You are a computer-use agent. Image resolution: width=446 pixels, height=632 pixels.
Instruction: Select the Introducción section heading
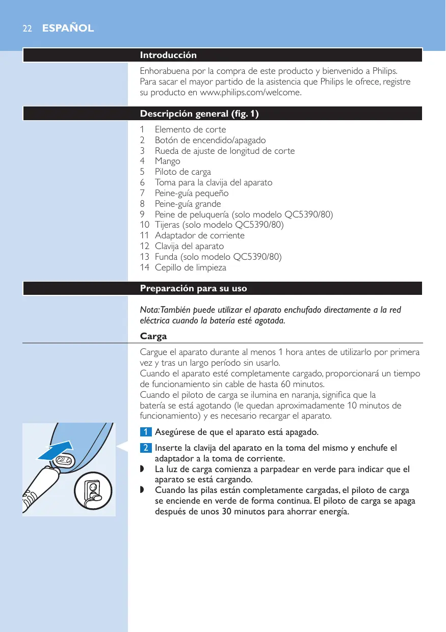click(168, 55)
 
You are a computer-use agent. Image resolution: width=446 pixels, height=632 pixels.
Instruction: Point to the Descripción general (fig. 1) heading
click(199, 114)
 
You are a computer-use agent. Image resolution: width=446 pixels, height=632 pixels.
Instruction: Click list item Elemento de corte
click(190, 129)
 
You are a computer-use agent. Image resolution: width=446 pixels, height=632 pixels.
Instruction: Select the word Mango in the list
click(167, 161)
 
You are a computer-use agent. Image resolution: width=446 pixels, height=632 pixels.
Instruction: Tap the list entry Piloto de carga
click(182, 172)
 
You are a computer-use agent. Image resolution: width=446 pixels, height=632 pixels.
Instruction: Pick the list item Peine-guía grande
click(188, 204)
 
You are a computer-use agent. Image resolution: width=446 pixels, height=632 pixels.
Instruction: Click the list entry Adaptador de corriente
click(199, 235)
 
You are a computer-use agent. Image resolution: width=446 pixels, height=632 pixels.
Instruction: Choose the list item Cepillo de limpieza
click(190, 267)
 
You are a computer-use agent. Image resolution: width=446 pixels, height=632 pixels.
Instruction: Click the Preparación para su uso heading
click(193, 289)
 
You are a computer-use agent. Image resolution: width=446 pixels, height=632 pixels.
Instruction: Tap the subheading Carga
click(153, 337)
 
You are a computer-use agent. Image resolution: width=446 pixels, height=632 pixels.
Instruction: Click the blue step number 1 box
click(146, 432)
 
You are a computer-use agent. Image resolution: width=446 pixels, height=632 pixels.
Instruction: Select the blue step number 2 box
click(146, 448)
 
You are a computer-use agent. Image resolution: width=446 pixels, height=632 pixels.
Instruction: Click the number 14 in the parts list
click(144, 267)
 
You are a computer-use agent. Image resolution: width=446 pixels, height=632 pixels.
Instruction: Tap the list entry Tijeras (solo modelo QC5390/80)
click(219, 225)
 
